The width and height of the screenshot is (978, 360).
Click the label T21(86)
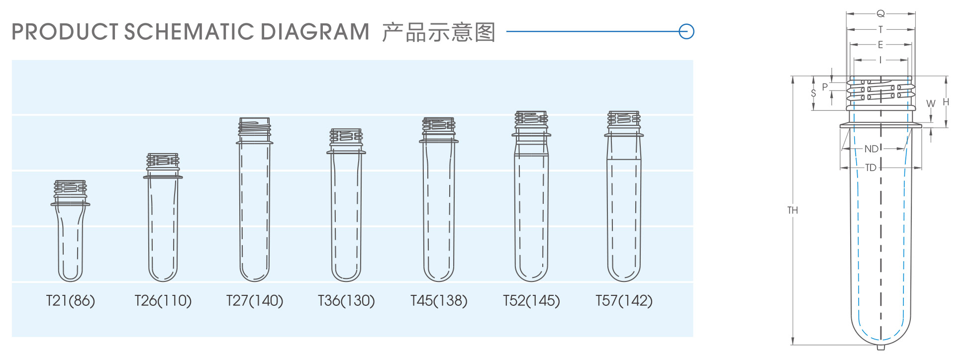(x=71, y=301)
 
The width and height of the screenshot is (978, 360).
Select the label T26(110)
(x=163, y=301)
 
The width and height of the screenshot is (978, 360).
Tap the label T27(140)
(x=255, y=301)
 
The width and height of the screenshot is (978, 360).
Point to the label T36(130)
(x=346, y=301)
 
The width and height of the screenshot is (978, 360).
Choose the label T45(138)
(x=439, y=301)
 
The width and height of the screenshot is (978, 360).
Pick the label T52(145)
(x=531, y=301)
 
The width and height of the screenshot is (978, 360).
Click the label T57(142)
(x=624, y=301)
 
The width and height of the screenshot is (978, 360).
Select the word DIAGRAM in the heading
(x=315, y=32)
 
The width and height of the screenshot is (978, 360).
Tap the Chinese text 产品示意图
(x=439, y=32)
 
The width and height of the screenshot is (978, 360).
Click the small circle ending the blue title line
(x=686, y=31)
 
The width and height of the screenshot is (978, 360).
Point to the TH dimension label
(x=792, y=210)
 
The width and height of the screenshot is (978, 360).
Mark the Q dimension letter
(x=880, y=13)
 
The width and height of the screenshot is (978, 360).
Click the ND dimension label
(x=871, y=149)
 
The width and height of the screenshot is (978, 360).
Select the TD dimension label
(x=871, y=168)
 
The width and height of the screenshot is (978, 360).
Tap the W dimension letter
(x=931, y=103)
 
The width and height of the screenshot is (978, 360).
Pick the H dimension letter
(x=946, y=102)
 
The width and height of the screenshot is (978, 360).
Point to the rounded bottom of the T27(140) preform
(x=255, y=274)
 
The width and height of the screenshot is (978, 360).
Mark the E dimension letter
(x=880, y=45)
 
